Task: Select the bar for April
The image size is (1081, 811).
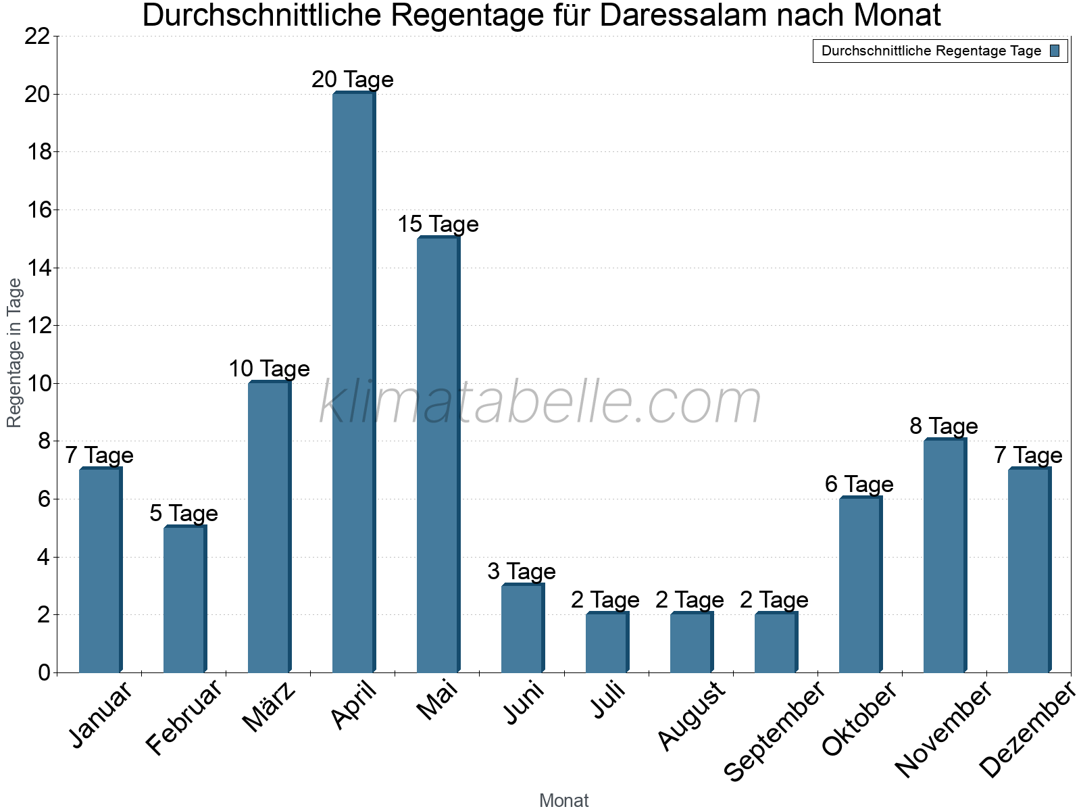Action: [x=353, y=383]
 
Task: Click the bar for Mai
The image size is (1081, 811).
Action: [x=438, y=455]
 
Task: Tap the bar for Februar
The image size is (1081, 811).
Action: [x=184, y=599]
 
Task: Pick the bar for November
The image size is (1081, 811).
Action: [x=945, y=556]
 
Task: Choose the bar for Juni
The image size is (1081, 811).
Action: [x=522, y=629]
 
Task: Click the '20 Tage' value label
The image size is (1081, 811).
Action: [x=353, y=80]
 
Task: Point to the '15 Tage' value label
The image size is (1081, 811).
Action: [x=438, y=224]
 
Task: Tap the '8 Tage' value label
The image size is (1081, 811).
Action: [x=944, y=426]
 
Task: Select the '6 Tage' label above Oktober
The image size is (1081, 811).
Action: [x=859, y=485]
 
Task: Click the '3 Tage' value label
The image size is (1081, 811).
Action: [x=522, y=572]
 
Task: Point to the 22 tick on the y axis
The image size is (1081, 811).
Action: [x=37, y=36]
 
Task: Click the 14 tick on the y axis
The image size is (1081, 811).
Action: [x=37, y=268]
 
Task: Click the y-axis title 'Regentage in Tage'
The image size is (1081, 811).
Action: [x=15, y=353]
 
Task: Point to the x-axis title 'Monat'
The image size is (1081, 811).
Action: [x=564, y=801]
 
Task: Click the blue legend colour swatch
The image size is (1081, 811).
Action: [x=1055, y=51]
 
